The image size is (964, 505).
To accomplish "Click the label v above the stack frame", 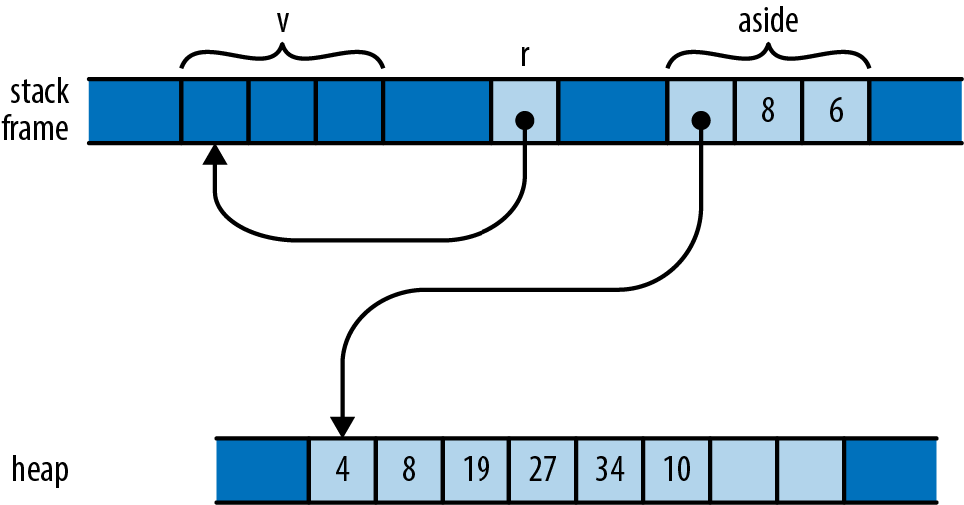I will [283, 21].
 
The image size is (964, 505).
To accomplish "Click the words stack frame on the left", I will [39, 110].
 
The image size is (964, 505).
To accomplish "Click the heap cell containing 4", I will [343, 470].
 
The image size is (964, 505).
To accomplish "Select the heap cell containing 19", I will [477, 470].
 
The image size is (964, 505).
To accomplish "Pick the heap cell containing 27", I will [543, 470].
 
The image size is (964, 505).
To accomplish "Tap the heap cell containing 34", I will [610, 470].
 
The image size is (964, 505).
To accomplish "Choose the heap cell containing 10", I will [677, 470].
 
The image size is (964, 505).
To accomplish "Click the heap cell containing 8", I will [410, 470].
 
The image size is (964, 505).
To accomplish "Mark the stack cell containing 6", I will [835, 111].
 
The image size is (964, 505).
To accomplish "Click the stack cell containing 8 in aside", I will [768, 111].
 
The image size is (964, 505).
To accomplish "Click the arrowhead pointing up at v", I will [214, 155].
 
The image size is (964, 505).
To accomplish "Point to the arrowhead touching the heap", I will [343, 426].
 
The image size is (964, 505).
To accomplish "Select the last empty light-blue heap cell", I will [811, 470].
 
